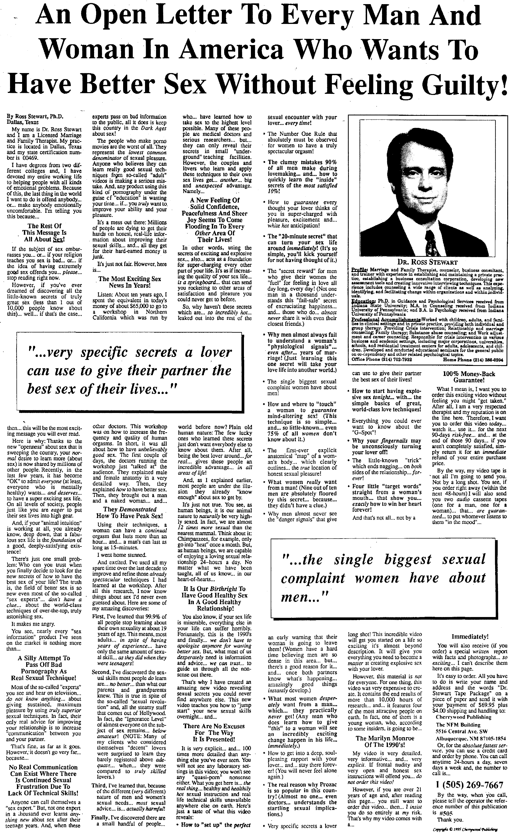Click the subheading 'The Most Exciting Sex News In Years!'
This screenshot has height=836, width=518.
[130, 282]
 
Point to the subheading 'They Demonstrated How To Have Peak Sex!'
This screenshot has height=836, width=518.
[130, 512]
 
